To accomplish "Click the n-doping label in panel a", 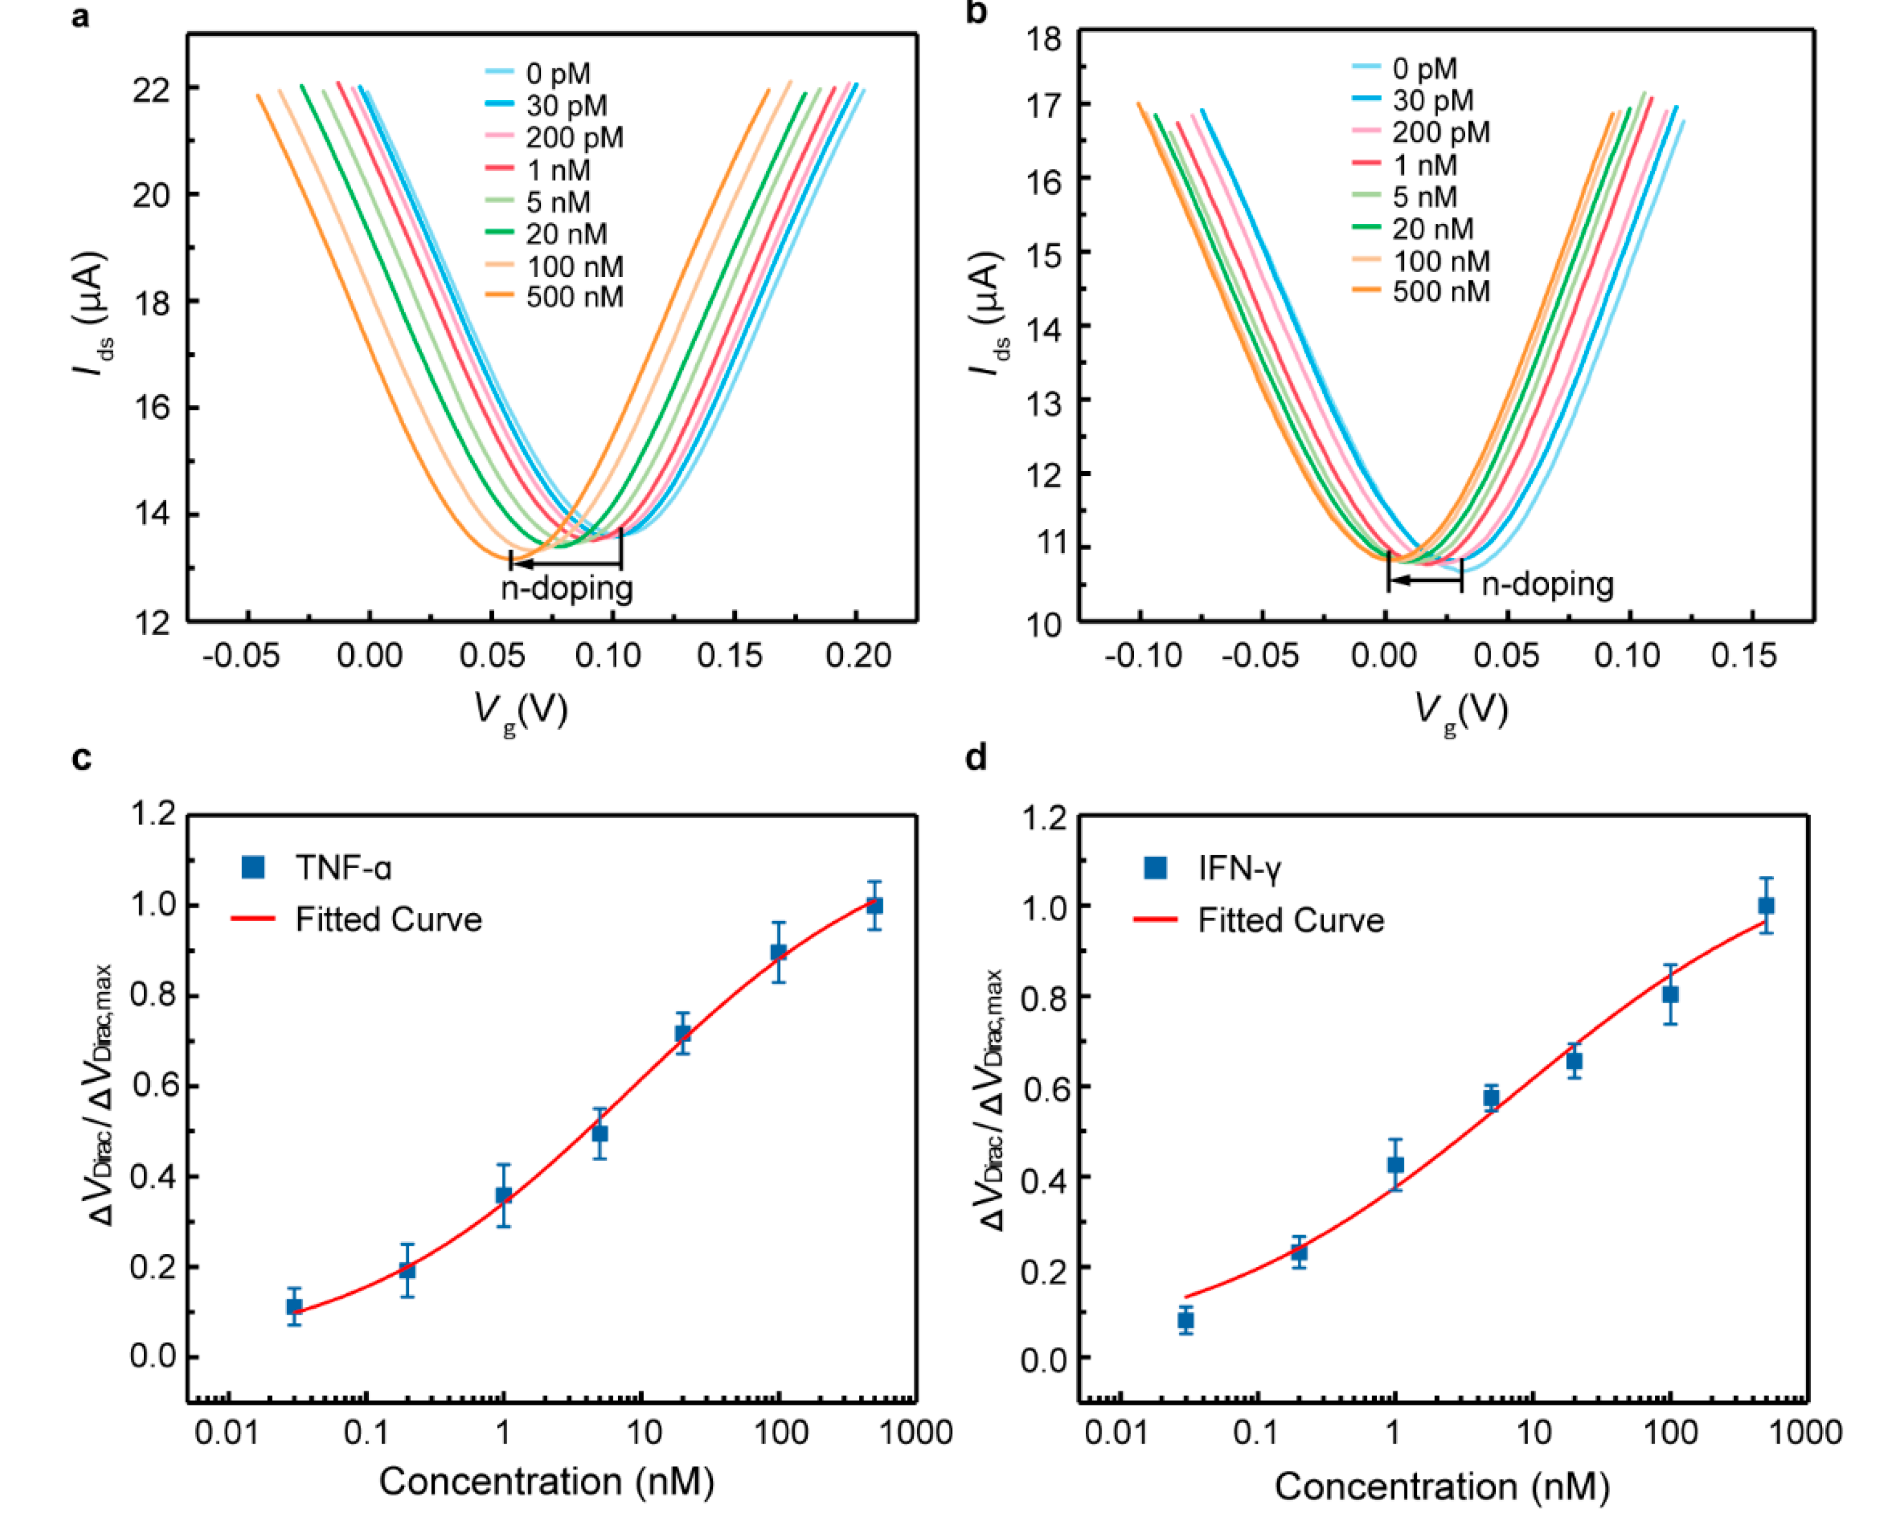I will (x=566, y=587).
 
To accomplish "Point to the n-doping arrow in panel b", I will (x=1424, y=580).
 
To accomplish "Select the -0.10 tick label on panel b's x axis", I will (x=1142, y=656).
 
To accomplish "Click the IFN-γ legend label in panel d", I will (x=1239, y=868).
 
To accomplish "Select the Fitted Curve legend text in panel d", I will (x=1291, y=921).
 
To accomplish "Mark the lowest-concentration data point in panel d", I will (x=1185, y=1321).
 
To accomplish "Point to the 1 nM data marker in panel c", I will (x=503, y=1195).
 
